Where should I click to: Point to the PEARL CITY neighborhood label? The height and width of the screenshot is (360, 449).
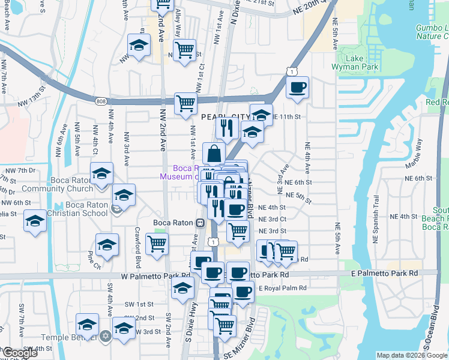[x=224, y=116]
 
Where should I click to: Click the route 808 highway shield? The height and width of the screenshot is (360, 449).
[x=100, y=101]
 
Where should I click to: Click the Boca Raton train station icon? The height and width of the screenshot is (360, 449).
[x=199, y=223]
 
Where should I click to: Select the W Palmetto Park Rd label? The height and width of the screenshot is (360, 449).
[x=155, y=277]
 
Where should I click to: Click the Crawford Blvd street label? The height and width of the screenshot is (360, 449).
[x=138, y=251]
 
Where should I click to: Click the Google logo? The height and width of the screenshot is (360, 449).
[x=20, y=353]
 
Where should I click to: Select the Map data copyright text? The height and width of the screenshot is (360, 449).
[x=411, y=355]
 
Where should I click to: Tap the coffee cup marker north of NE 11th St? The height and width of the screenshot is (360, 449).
[x=297, y=88]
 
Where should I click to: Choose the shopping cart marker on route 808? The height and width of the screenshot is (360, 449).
[x=185, y=104]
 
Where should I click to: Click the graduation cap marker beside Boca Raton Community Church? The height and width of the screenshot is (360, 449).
[x=101, y=174]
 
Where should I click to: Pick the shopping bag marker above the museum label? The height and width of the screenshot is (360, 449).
[x=214, y=154]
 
